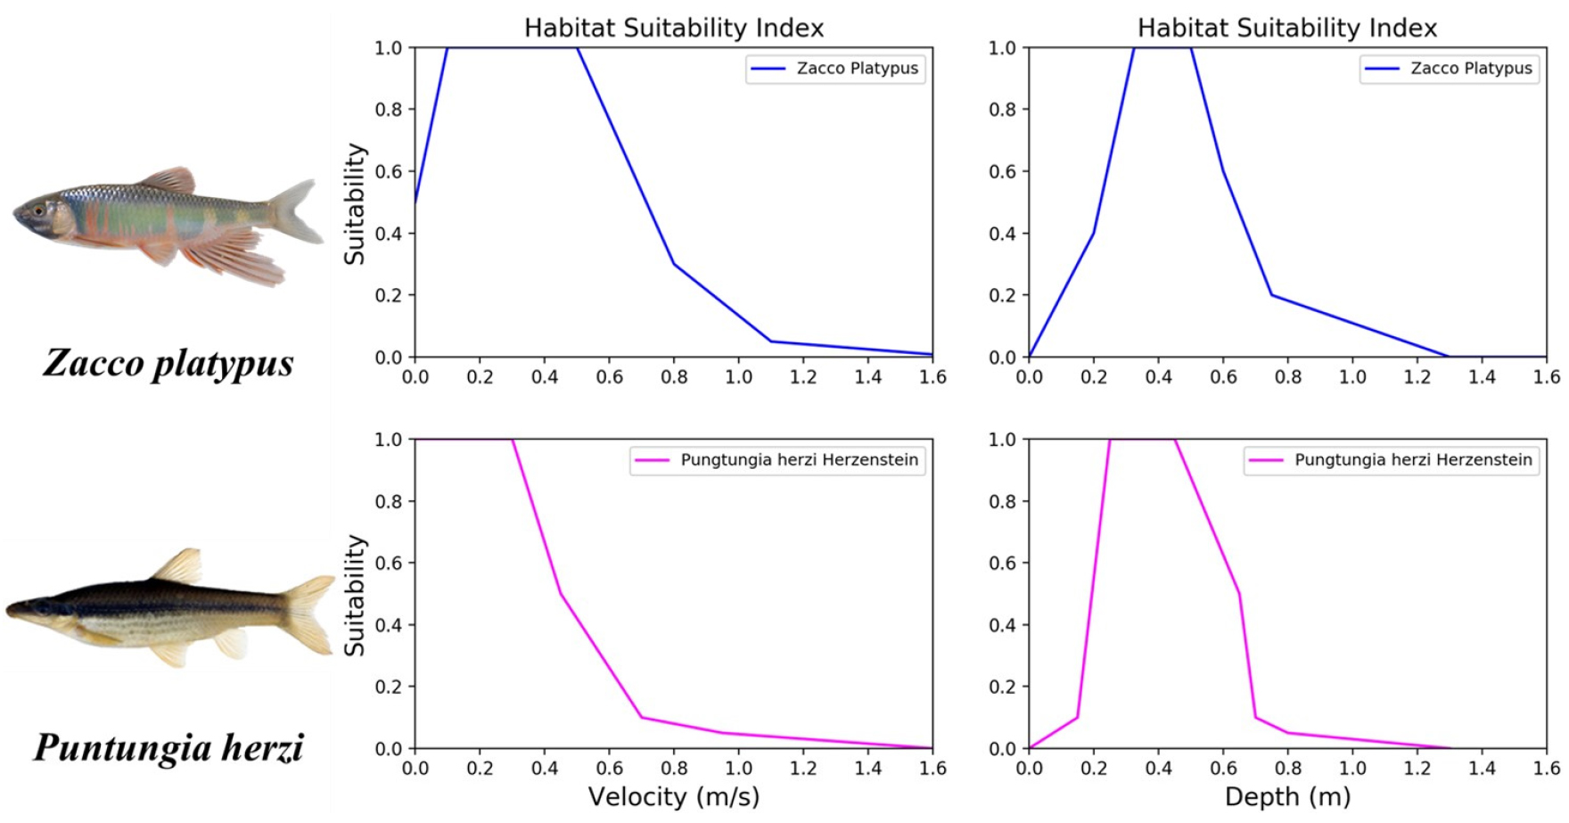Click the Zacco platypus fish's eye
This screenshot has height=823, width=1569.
(x=38, y=210)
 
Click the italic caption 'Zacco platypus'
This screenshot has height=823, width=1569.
(x=168, y=363)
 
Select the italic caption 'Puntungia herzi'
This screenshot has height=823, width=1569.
(x=168, y=747)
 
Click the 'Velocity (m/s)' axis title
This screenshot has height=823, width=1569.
(x=673, y=796)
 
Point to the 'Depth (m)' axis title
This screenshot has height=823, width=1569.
(x=1287, y=796)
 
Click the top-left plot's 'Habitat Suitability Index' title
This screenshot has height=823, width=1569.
(x=673, y=28)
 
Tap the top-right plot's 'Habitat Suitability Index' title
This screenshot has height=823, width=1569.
(x=1287, y=28)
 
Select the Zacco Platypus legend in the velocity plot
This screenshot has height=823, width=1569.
(x=835, y=69)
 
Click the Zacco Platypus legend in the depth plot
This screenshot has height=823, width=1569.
(x=1450, y=69)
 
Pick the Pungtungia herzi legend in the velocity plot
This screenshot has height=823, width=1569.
(x=777, y=460)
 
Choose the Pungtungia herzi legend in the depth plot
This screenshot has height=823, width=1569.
(x=1392, y=460)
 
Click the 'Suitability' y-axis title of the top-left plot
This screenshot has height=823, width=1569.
(x=355, y=203)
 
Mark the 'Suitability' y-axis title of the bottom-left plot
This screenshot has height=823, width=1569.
(x=355, y=595)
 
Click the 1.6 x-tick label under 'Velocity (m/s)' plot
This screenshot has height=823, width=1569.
(x=932, y=769)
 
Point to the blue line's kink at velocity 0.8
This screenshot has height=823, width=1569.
(x=674, y=264)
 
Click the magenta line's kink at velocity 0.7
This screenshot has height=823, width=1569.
(x=642, y=717)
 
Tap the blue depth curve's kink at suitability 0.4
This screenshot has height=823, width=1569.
(x=1094, y=233)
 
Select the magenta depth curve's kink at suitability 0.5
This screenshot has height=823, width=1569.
(x=1239, y=594)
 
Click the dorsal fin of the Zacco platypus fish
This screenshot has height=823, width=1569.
(x=169, y=178)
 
